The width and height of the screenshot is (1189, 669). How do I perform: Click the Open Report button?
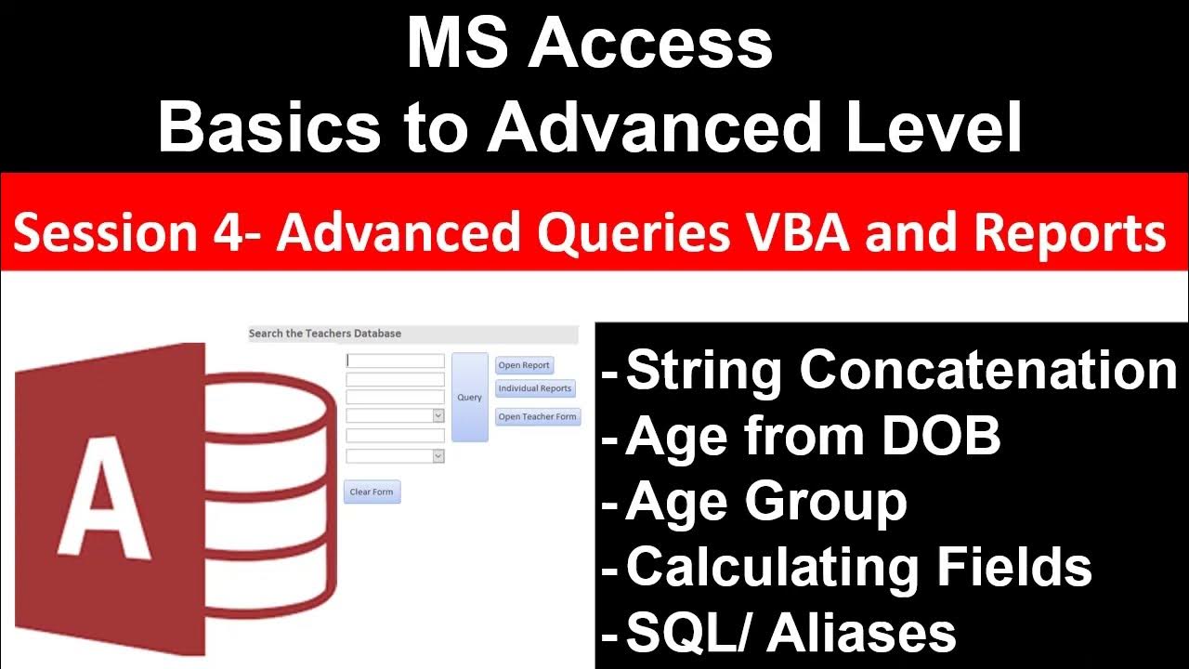[524, 365]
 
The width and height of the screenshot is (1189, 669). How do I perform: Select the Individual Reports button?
[535, 388]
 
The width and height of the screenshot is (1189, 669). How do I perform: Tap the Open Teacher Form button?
[538, 416]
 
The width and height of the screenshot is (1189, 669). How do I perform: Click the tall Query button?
[469, 398]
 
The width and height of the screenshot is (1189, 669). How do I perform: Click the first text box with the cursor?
[395, 361]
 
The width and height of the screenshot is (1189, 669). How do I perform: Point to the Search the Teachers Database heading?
[325, 334]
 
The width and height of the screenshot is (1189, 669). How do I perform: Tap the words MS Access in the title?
[590, 45]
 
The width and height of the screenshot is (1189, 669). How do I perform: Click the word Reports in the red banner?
[1071, 233]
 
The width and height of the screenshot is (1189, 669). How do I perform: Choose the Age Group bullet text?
[766, 502]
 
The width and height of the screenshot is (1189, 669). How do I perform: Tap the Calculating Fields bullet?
[858, 567]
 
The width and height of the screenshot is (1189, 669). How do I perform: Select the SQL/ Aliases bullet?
[790, 633]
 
